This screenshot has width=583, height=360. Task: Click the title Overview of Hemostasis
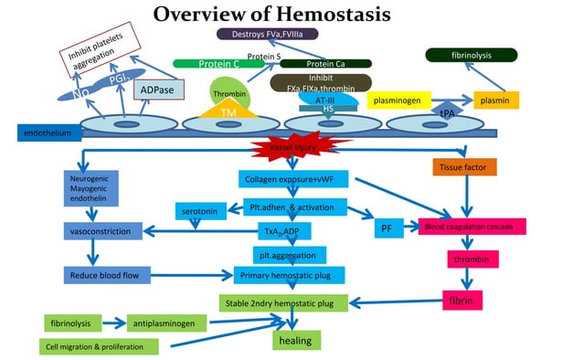coord(271,15)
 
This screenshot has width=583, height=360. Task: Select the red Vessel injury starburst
coord(290,148)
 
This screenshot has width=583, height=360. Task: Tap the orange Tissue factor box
coord(464,167)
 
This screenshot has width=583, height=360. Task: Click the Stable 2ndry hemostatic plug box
coord(283,302)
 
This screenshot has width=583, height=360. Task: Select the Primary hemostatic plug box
coord(289,275)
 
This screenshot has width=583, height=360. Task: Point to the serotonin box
coord(199,212)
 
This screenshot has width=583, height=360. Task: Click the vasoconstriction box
coord(103,231)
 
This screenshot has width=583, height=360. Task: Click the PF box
coord(386,229)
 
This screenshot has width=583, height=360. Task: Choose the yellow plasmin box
coord(495,99)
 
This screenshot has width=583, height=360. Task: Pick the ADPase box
coord(158,90)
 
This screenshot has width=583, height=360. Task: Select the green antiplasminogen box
coord(167,323)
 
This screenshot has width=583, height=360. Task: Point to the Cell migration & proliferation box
coord(98,346)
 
